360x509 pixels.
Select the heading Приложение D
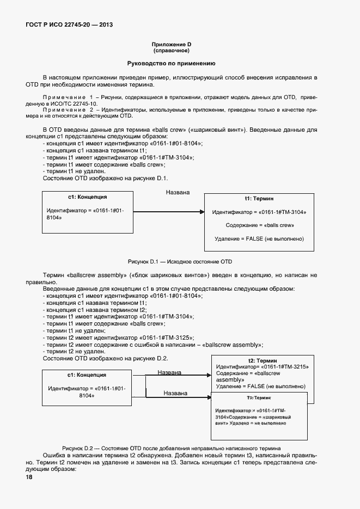tap(171, 44)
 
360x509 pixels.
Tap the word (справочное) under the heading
tap(171, 51)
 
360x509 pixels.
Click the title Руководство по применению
tap(171, 64)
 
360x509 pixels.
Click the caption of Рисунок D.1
tap(180, 261)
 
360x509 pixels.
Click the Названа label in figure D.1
tap(178, 192)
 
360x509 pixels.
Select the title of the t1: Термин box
tap(259, 199)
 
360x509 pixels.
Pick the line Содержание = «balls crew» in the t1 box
tap(259, 225)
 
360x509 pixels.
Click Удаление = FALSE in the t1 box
tap(259, 238)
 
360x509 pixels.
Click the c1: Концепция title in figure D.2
tap(87, 375)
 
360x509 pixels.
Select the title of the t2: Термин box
tap(263, 360)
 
